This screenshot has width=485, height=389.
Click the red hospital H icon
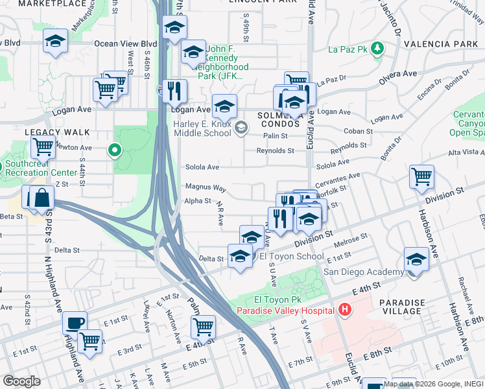[344, 310]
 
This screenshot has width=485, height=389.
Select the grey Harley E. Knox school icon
[241, 126]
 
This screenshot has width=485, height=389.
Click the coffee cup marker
[75, 322]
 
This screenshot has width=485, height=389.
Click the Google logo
[21, 381]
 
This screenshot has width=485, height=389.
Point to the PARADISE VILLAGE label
[402, 306]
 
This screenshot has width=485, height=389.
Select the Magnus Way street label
[206, 187]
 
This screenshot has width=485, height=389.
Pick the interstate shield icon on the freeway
[160, 91]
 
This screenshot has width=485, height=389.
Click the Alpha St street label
[198, 201]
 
